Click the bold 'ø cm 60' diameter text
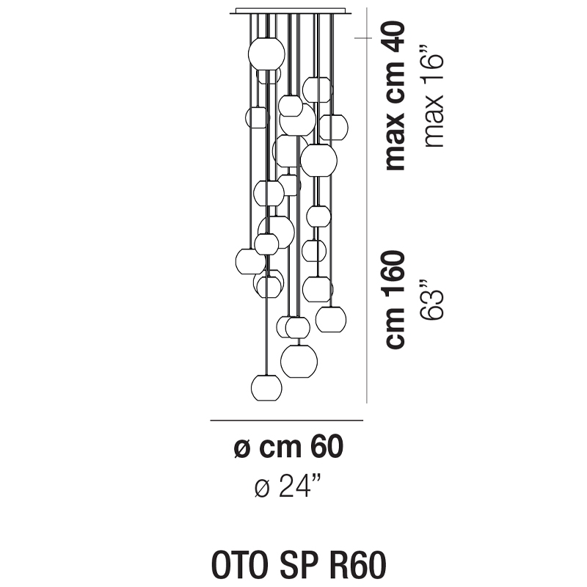[288, 447]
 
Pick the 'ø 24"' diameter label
[288, 485]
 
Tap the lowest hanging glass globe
[266, 387]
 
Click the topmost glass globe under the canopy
[266, 51]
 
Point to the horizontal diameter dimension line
[287, 420]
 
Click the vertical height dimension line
[367, 220]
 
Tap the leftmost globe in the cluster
[250, 260]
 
